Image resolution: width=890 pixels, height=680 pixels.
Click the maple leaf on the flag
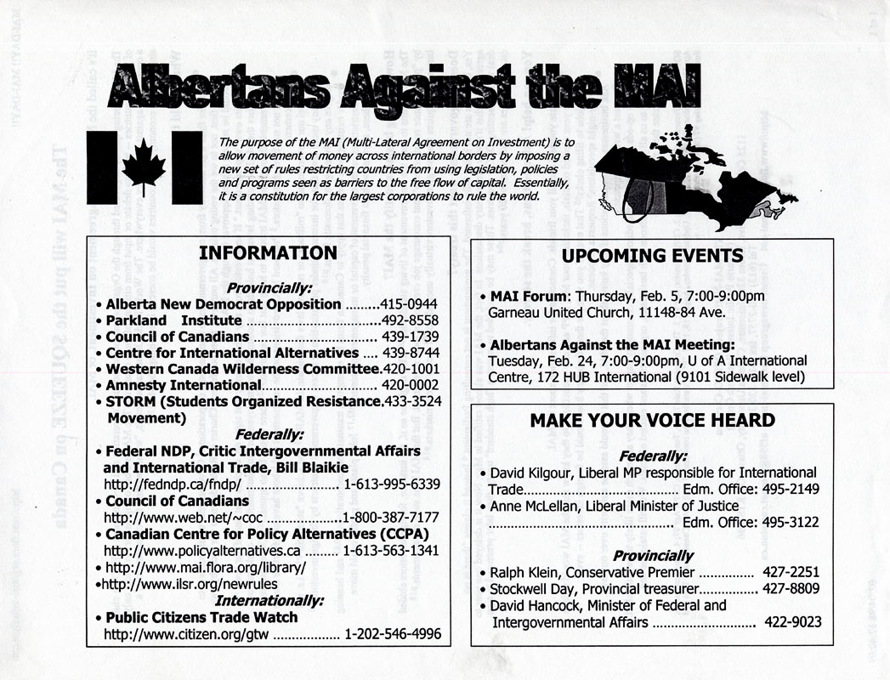point(144,167)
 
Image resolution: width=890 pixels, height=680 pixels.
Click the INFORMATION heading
point(267,253)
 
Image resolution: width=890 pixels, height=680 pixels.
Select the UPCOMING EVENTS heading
point(652,256)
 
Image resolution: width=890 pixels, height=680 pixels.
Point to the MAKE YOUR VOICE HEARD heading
point(652,420)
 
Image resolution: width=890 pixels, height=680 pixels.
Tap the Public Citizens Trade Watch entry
point(201,617)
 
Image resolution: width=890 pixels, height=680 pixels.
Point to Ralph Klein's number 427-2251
point(791,572)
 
